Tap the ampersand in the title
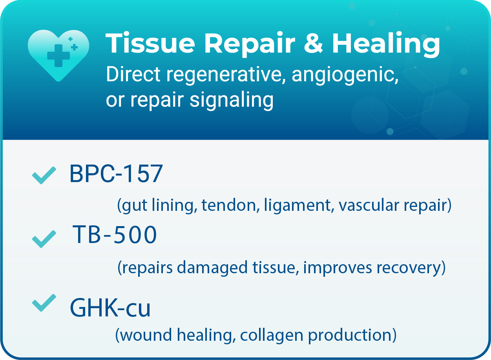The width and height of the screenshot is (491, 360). click(313, 43)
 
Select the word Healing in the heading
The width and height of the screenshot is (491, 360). click(386, 44)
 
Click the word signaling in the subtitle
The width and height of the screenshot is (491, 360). click(232, 100)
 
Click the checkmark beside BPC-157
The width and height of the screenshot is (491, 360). click(44, 175)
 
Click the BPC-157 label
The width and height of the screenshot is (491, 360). click(116, 174)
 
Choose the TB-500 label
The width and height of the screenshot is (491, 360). click(115, 235)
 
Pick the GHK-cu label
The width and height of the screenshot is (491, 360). click(110, 308)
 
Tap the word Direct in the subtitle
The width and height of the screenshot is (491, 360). click(131, 75)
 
